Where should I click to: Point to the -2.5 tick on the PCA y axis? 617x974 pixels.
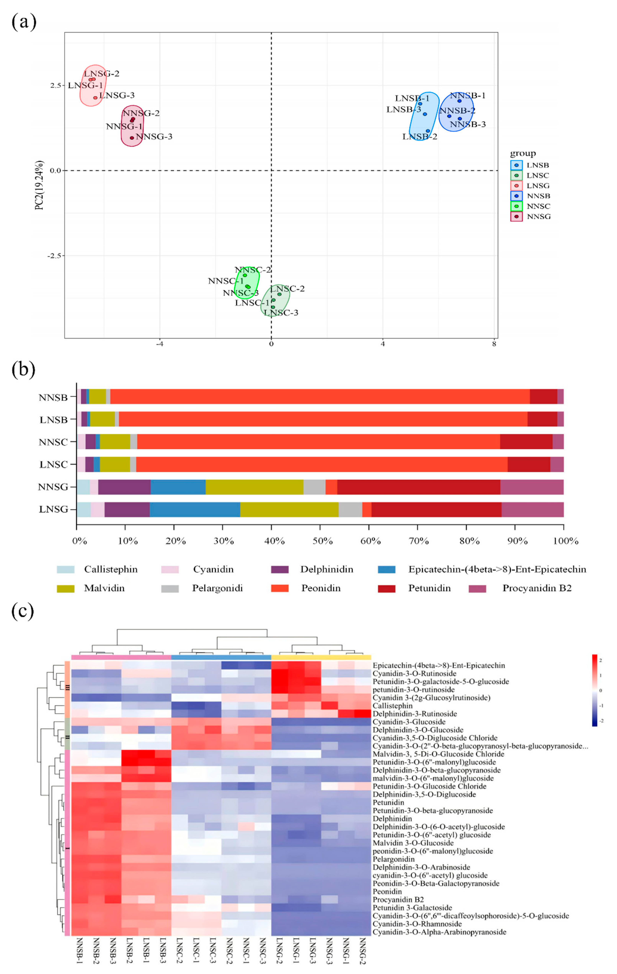(x=54, y=256)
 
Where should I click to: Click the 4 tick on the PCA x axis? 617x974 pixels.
(x=383, y=344)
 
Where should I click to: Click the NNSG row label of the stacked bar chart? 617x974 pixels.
(x=53, y=487)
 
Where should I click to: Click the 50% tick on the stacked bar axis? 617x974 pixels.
(x=322, y=541)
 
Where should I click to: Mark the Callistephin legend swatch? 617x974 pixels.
(x=65, y=569)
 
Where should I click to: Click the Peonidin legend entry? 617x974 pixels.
(x=321, y=588)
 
